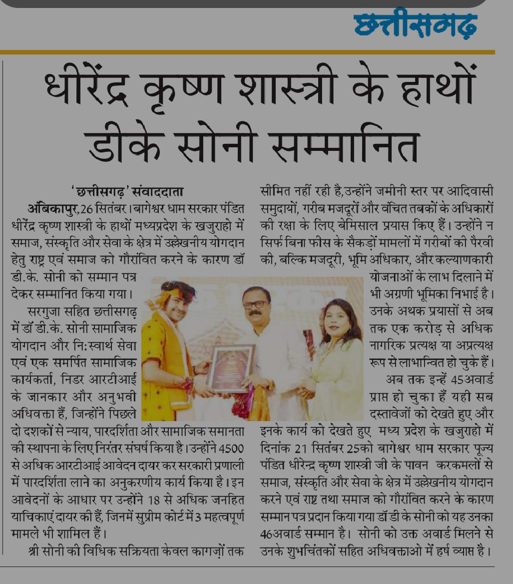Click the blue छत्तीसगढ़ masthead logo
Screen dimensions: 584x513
click(x=415, y=25)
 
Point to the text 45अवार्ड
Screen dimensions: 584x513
click(x=472, y=379)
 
